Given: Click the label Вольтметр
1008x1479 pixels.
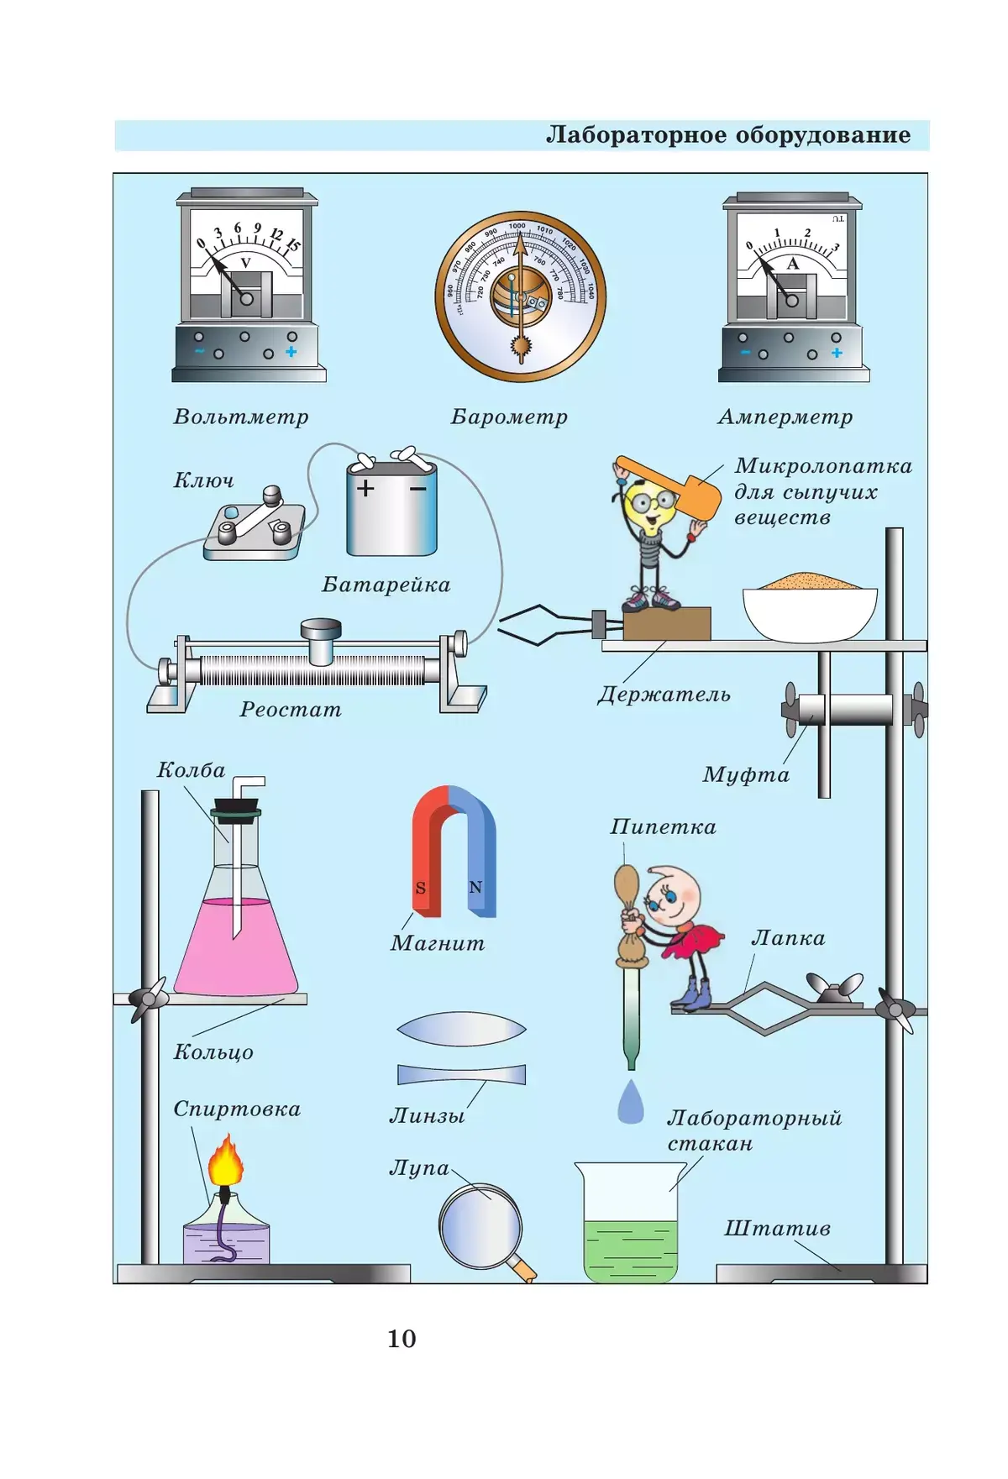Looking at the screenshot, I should click(241, 417).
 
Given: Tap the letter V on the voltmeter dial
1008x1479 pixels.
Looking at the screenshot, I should click(246, 263).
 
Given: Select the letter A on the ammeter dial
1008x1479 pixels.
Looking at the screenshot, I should click(792, 264).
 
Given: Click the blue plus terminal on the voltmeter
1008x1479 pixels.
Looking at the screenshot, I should click(291, 352).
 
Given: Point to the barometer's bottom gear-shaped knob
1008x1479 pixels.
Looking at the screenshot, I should click(521, 345).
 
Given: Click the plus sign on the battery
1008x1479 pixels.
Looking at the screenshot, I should click(365, 488).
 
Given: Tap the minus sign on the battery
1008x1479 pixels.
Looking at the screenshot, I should click(417, 488).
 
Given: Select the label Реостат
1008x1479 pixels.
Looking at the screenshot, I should click(291, 710).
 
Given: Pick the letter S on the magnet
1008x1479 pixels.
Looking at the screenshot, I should click(421, 888).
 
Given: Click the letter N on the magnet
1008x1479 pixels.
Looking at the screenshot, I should click(475, 887).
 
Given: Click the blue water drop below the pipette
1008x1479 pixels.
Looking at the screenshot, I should click(630, 1102).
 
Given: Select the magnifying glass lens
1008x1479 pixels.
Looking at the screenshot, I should click(480, 1225).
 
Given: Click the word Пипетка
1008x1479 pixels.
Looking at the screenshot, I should click(663, 827).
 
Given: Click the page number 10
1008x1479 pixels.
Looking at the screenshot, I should click(402, 1339).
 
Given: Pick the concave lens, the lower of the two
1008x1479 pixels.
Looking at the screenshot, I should click(461, 1074).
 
